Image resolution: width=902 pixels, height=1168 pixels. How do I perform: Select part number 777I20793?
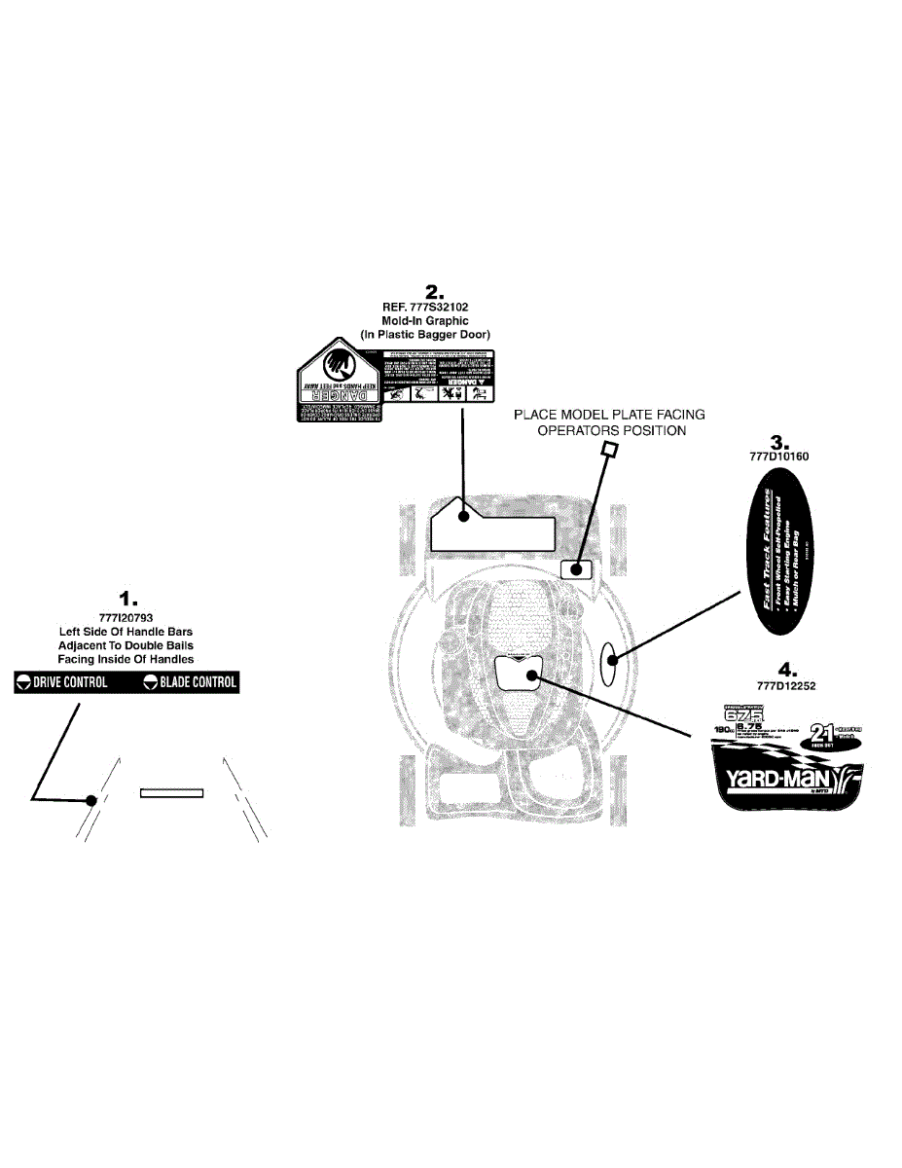coord(126,617)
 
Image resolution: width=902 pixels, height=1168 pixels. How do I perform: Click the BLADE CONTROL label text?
coord(198,682)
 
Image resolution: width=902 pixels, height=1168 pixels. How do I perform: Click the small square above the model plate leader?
coord(611,449)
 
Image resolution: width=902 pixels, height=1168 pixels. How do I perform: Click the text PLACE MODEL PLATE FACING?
coord(609,415)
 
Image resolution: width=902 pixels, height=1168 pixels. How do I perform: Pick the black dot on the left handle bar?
coord(90,800)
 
